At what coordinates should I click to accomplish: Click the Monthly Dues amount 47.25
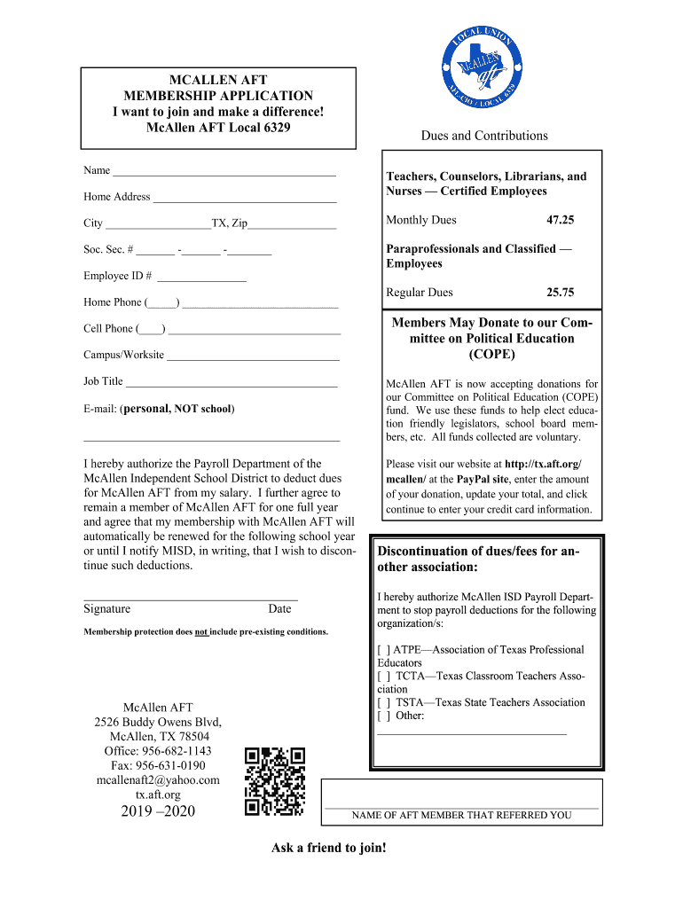(x=560, y=220)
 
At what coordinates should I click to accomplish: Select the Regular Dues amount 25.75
(x=560, y=293)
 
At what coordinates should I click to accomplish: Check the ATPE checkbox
(x=383, y=650)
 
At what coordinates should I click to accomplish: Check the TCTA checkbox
(x=383, y=677)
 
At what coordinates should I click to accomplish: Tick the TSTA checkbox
(x=383, y=702)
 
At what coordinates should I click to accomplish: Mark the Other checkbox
(x=383, y=716)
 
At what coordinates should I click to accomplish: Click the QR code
(x=275, y=781)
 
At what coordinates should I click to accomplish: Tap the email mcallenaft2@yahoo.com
(x=158, y=780)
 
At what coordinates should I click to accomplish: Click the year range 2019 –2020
(x=158, y=812)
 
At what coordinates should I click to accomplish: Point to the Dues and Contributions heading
(x=484, y=136)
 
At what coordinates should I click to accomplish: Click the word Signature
(x=107, y=609)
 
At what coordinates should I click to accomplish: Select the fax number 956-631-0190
(x=158, y=765)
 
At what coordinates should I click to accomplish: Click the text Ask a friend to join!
(x=329, y=849)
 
